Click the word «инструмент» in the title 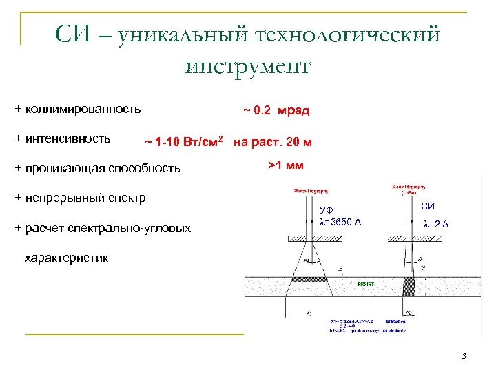pos(248,66)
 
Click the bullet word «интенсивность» pos(68,138)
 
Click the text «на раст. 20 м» pos(273,143)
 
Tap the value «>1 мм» pos(285,165)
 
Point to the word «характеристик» pos(66,258)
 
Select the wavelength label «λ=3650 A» pos(340,221)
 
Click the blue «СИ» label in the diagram pos(428,205)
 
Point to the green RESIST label pos(366,283)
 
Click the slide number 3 pos(464,356)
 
